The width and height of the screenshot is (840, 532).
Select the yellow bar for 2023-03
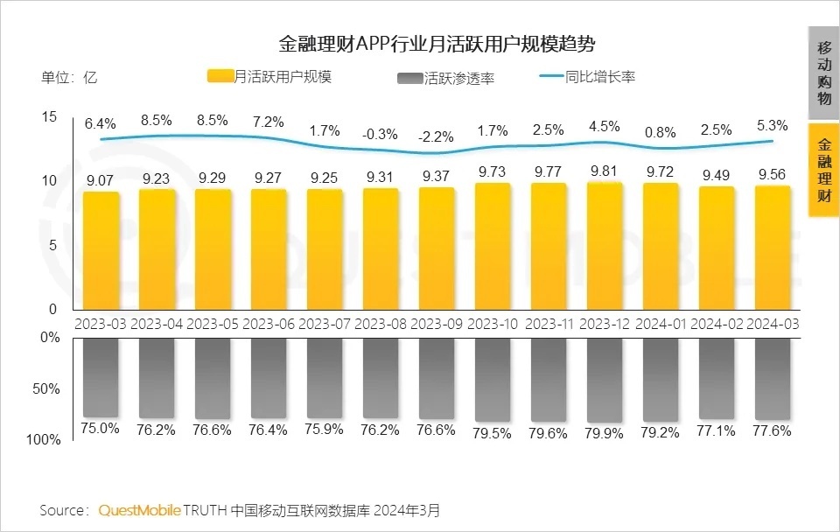[101, 250]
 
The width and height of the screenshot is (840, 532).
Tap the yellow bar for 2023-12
[605, 246]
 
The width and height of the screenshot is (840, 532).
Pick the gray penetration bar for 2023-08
[381, 376]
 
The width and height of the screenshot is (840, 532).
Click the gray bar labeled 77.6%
[773, 376]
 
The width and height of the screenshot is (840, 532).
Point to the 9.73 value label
[493, 173]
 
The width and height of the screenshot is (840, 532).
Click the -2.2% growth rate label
[437, 137]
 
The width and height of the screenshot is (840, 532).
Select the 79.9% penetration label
[605, 430]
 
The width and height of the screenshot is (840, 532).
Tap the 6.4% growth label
[101, 124]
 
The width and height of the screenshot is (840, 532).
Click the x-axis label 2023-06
[269, 323]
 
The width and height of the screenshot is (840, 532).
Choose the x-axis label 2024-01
[661, 323]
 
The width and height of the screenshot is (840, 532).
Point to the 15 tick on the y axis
[49, 117]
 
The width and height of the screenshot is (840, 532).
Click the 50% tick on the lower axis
[50, 388]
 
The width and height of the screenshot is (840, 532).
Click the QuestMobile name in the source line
[140, 509]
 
